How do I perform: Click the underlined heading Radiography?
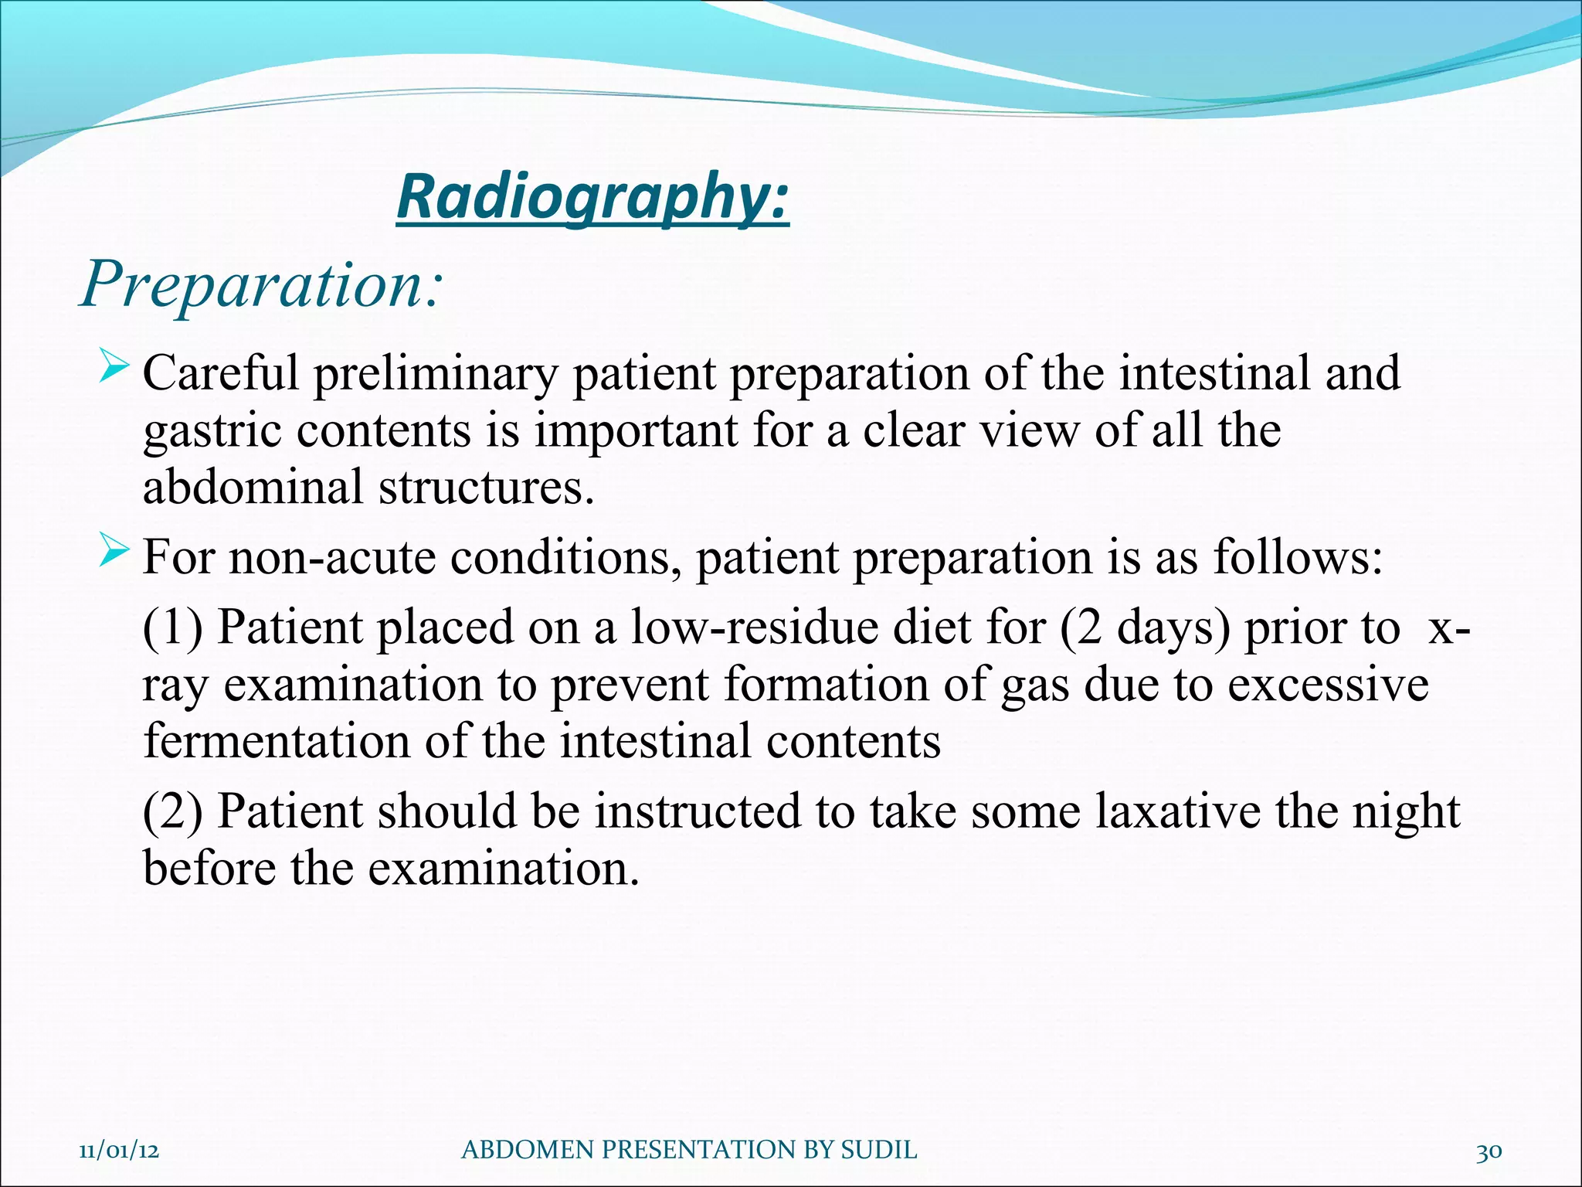coord(592,198)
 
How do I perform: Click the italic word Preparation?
coord(261,285)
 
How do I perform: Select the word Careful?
coord(221,373)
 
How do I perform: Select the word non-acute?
coord(332,557)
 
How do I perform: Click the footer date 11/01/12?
coord(119,1150)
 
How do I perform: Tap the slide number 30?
coord(1489,1151)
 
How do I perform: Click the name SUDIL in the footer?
coord(878,1150)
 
